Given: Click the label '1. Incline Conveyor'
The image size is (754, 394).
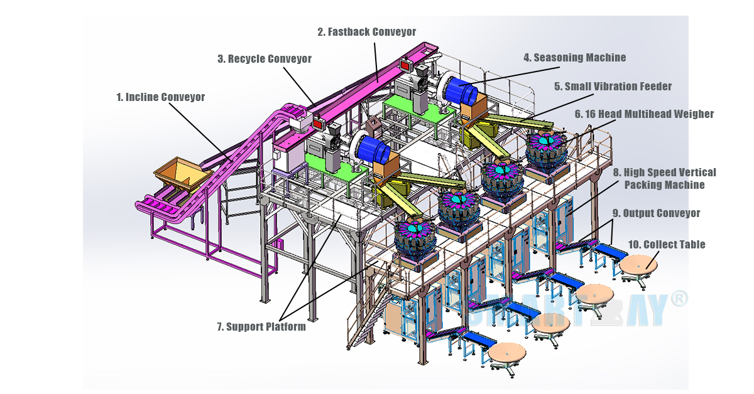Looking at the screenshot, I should (x=160, y=97).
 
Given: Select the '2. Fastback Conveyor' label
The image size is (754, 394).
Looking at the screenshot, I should (x=366, y=31).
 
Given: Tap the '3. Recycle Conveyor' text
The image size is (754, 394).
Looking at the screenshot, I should (x=265, y=59).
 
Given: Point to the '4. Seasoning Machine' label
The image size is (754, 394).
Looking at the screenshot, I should (x=574, y=58).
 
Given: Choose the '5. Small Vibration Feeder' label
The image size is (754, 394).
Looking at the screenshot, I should (x=613, y=87).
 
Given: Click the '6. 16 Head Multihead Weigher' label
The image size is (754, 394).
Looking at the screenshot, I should (x=644, y=114).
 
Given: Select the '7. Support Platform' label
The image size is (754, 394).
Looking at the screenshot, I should (x=261, y=326).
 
